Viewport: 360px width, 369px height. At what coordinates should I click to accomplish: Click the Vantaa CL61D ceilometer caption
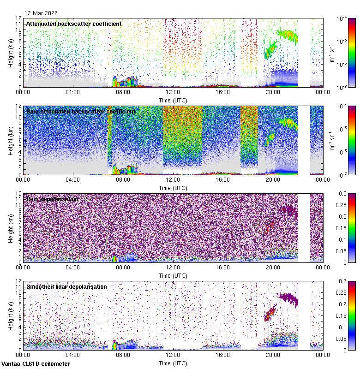36,364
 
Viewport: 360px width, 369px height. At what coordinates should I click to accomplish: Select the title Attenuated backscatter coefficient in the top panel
74,24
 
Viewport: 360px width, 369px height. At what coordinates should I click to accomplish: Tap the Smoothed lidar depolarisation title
66,286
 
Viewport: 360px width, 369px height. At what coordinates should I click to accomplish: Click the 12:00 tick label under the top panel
173,92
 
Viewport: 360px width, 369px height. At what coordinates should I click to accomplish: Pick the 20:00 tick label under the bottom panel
273,355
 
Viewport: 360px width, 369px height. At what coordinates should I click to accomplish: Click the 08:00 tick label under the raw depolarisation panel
123,267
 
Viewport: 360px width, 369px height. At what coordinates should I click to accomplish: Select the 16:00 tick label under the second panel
223,179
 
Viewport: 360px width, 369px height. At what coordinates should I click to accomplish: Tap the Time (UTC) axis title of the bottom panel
173,363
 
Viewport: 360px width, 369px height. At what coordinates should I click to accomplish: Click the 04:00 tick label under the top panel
73,92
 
